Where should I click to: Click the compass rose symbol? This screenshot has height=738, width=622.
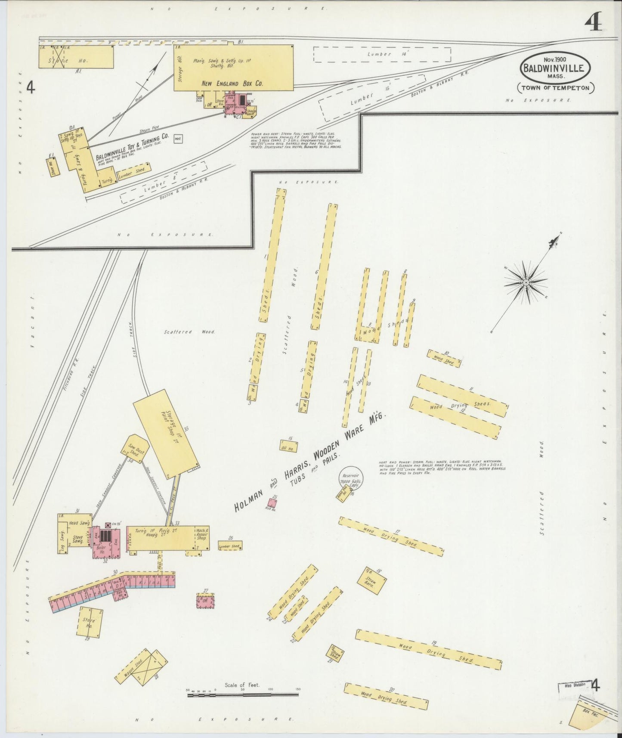(x=526, y=282)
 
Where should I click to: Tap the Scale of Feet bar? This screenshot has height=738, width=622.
(x=243, y=695)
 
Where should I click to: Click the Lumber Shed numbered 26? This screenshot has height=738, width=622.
(x=230, y=546)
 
